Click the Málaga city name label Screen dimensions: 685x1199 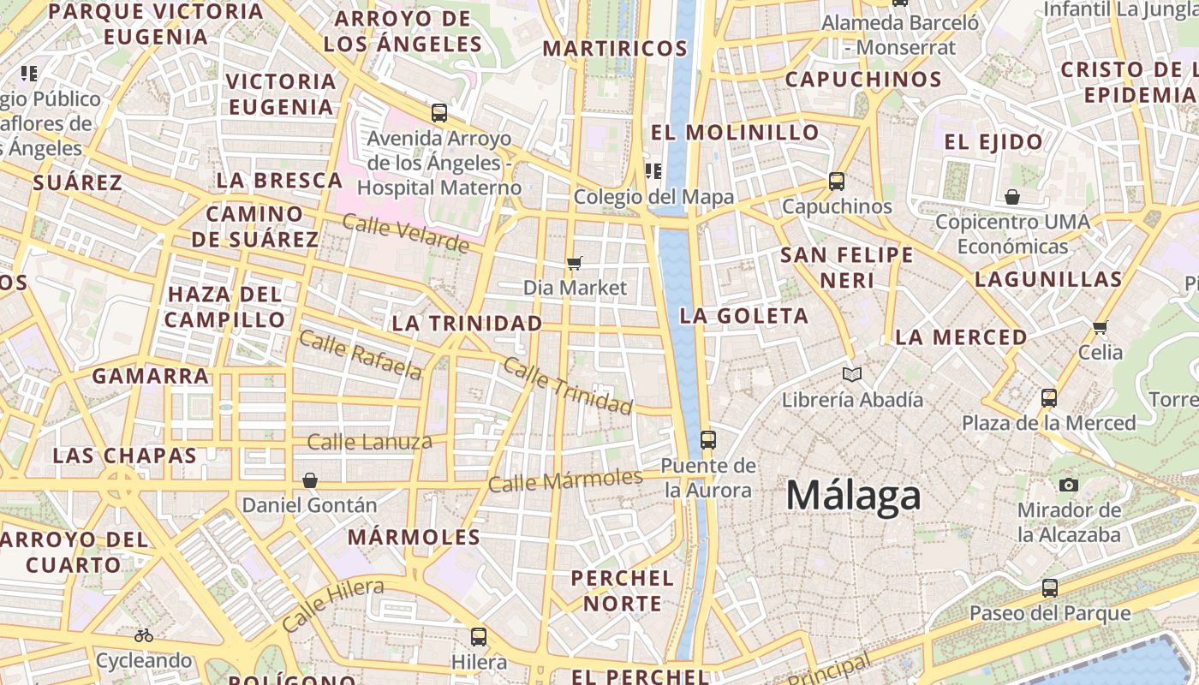(x=853, y=496)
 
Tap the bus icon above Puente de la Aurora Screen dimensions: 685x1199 (x=707, y=440)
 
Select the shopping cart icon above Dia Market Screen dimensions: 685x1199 (x=575, y=263)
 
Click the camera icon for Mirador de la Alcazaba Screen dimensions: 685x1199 (x=1068, y=485)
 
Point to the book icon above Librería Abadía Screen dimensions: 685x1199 (x=851, y=374)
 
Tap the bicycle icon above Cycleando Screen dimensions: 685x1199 (x=144, y=635)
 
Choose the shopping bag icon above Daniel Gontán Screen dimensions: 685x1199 (x=309, y=480)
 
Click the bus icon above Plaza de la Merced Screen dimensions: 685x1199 (x=1049, y=397)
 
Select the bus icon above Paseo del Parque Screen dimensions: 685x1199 (x=1050, y=588)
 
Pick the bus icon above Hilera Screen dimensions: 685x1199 (x=479, y=637)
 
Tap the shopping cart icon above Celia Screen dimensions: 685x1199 (x=1101, y=326)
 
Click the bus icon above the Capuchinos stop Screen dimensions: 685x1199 (x=837, y=182)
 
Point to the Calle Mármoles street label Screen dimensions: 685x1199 (x=565, y=480)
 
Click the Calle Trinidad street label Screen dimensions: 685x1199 (x=567, y=385)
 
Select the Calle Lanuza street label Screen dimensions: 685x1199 (x=369, y=442)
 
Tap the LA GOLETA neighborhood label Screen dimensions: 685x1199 (x=743, y=316)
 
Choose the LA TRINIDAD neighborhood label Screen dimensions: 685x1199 (x=467, y=323)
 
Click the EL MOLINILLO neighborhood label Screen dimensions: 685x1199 (x=735, y=133)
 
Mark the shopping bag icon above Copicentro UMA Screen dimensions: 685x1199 (x=1012, y=197)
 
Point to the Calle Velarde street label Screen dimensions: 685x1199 (x=406, y=234)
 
